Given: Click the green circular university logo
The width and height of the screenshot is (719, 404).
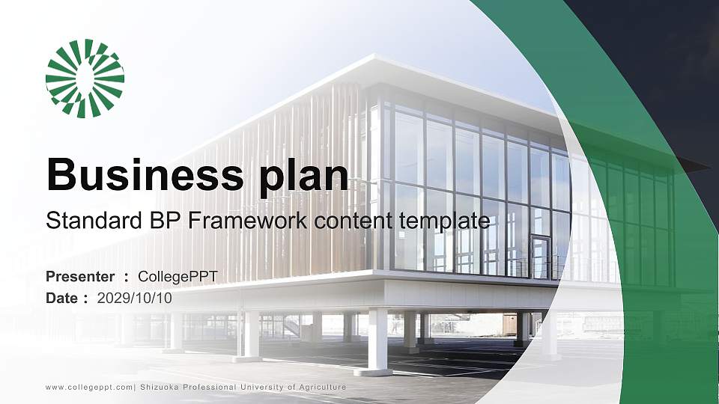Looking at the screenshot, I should [85, 79].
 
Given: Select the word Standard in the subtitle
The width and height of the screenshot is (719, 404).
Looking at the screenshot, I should [85, 221].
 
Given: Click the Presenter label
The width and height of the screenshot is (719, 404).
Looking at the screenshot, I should [80, 277].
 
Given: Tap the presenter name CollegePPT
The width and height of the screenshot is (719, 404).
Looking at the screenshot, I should [178, 277].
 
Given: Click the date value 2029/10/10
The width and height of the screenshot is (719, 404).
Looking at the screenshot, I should [135, 299].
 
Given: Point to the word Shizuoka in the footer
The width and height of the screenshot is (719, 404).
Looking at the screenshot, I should [161, 387].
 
